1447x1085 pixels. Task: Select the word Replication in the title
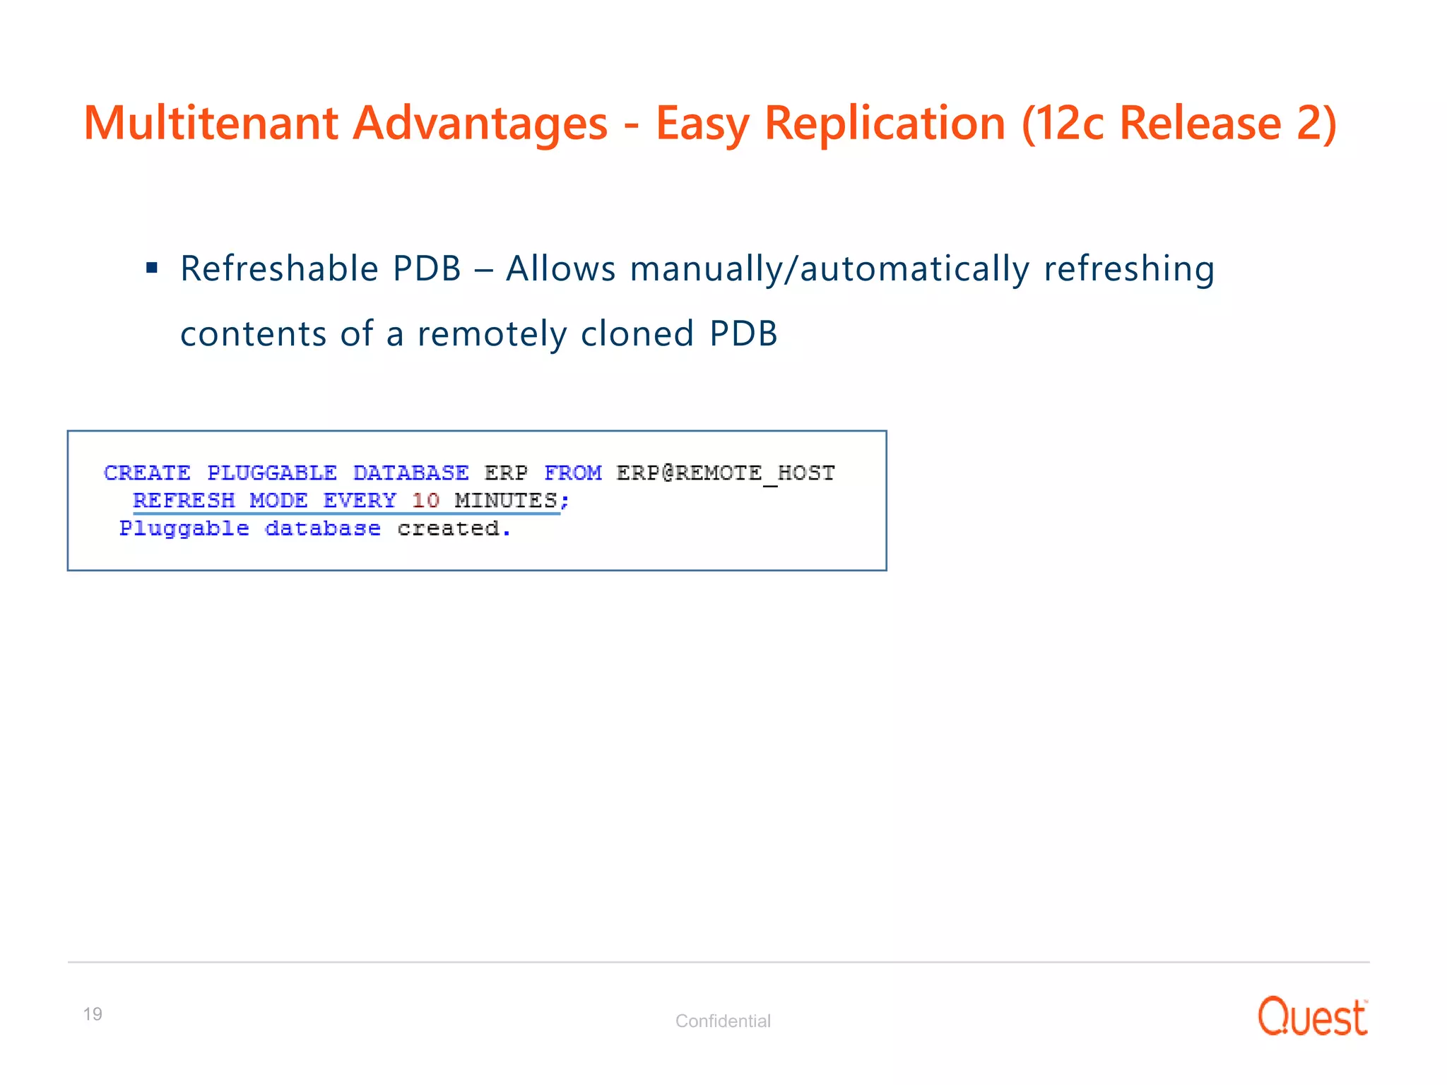pos(885,124)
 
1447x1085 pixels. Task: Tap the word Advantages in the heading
pos(480,124)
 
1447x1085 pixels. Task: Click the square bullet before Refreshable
pos(151,268)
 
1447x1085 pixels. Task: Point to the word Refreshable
pos(280,269)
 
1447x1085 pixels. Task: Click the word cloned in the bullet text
pos(637,334)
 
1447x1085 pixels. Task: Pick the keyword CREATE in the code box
pos(147,473)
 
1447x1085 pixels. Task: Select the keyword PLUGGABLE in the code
pos(271,473)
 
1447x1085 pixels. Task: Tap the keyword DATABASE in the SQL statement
pos(411,473)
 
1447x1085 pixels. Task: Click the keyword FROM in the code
pos(572,473)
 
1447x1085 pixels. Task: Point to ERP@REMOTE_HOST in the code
pos(726,473)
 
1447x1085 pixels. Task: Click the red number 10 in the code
pos(425,500)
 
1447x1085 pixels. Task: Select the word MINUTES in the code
pos(506,500)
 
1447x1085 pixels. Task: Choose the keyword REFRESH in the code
pos(184,500)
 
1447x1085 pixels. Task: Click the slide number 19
pos(93,1014)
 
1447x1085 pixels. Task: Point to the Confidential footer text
pos(723,1021)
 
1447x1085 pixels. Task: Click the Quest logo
pos(1312,1016)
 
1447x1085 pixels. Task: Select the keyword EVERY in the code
pos(360,500)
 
